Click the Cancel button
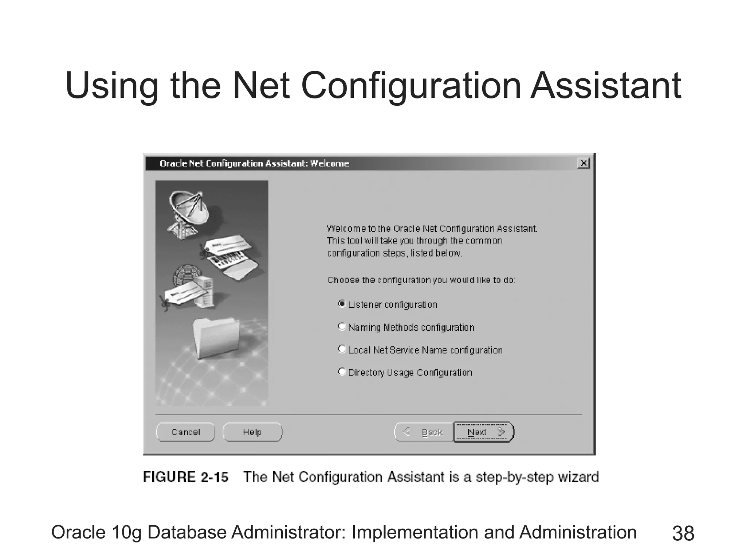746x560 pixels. [185, 432]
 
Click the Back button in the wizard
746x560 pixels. [424, 432]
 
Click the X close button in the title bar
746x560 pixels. [583, 163]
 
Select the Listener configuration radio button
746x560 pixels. [342, 304]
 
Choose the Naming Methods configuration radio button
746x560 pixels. [342, 327]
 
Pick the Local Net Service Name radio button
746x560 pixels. [342, 349]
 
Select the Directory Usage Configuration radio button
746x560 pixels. [342, 372]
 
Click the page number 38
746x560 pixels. [683, 533]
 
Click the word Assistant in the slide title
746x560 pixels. [605, 86]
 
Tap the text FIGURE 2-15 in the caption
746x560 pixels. [186, 477]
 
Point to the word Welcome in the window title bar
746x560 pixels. [330, 164]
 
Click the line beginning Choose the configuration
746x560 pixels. [421, 280]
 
